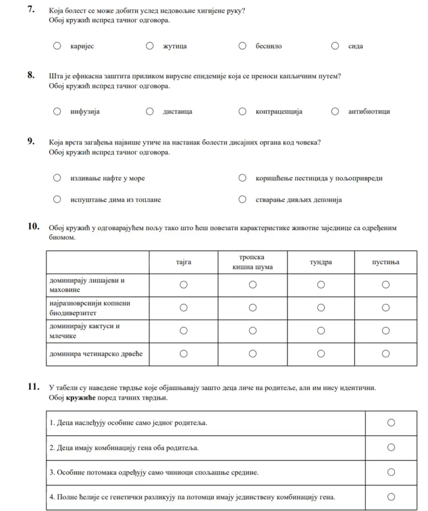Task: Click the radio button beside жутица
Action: point(150,46)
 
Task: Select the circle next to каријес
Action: point(57,46)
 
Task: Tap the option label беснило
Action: point(268,46)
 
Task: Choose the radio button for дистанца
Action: point(150,111)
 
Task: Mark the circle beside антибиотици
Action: point(335,111)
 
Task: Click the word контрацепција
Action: point(278,112)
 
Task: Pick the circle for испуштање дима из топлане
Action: point(57,199)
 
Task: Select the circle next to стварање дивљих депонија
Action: point(243,199)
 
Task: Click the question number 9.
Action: point(32,142)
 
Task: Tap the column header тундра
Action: point(321,262)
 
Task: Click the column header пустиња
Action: point(386,262)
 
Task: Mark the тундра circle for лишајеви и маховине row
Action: point(321,284)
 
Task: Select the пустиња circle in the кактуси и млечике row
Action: point(386,331)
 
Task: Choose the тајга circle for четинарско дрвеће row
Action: point(184,354)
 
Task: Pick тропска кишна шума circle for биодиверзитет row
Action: point(253,308)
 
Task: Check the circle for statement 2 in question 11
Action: point(391,448)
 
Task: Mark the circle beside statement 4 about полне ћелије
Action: point(391,497)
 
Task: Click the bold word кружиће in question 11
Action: point(80,398)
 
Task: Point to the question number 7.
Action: point(32,10)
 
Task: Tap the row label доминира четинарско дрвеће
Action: point(96,354)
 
